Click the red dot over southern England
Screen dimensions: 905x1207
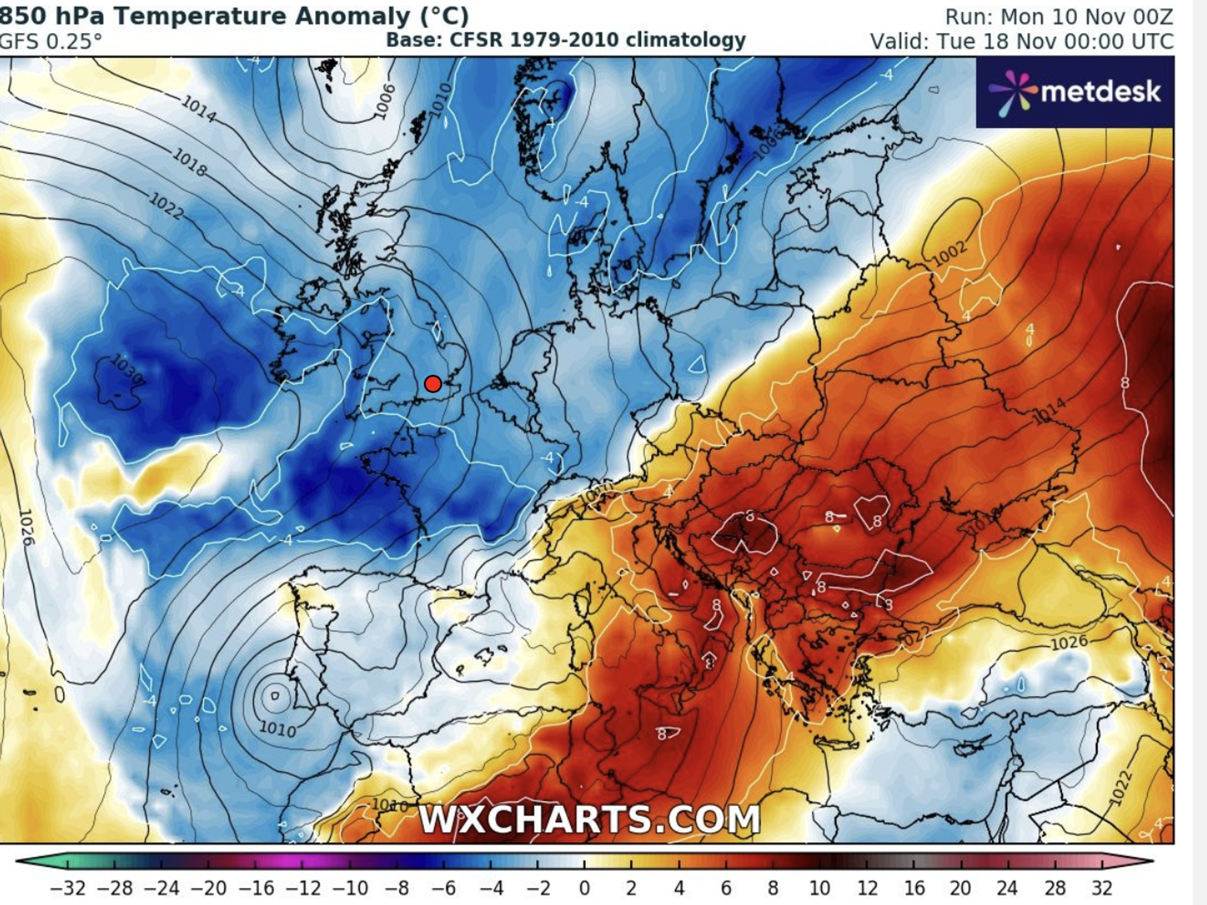[433, 384]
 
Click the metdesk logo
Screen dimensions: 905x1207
[1075, 92]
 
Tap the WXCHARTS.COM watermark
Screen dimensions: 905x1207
[589, 819]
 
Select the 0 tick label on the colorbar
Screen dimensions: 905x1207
[584, 887]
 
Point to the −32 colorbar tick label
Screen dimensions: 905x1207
[67, 887]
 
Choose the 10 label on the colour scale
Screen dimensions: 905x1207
[820, 887]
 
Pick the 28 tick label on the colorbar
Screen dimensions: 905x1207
[1054, 887]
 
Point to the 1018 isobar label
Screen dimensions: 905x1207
[189, 162]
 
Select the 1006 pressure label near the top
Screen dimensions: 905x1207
[384, 101]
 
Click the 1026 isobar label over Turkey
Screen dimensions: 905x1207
[1069, 642]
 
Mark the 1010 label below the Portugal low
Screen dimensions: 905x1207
[277, 729]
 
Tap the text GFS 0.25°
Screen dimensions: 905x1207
[51, 41]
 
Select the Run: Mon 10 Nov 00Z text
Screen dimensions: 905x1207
[1059, 16]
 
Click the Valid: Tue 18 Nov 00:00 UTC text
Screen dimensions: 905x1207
[1021, 41]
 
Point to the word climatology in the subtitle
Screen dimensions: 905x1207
[686, 40]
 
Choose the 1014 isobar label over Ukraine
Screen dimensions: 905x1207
[1049, 411]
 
